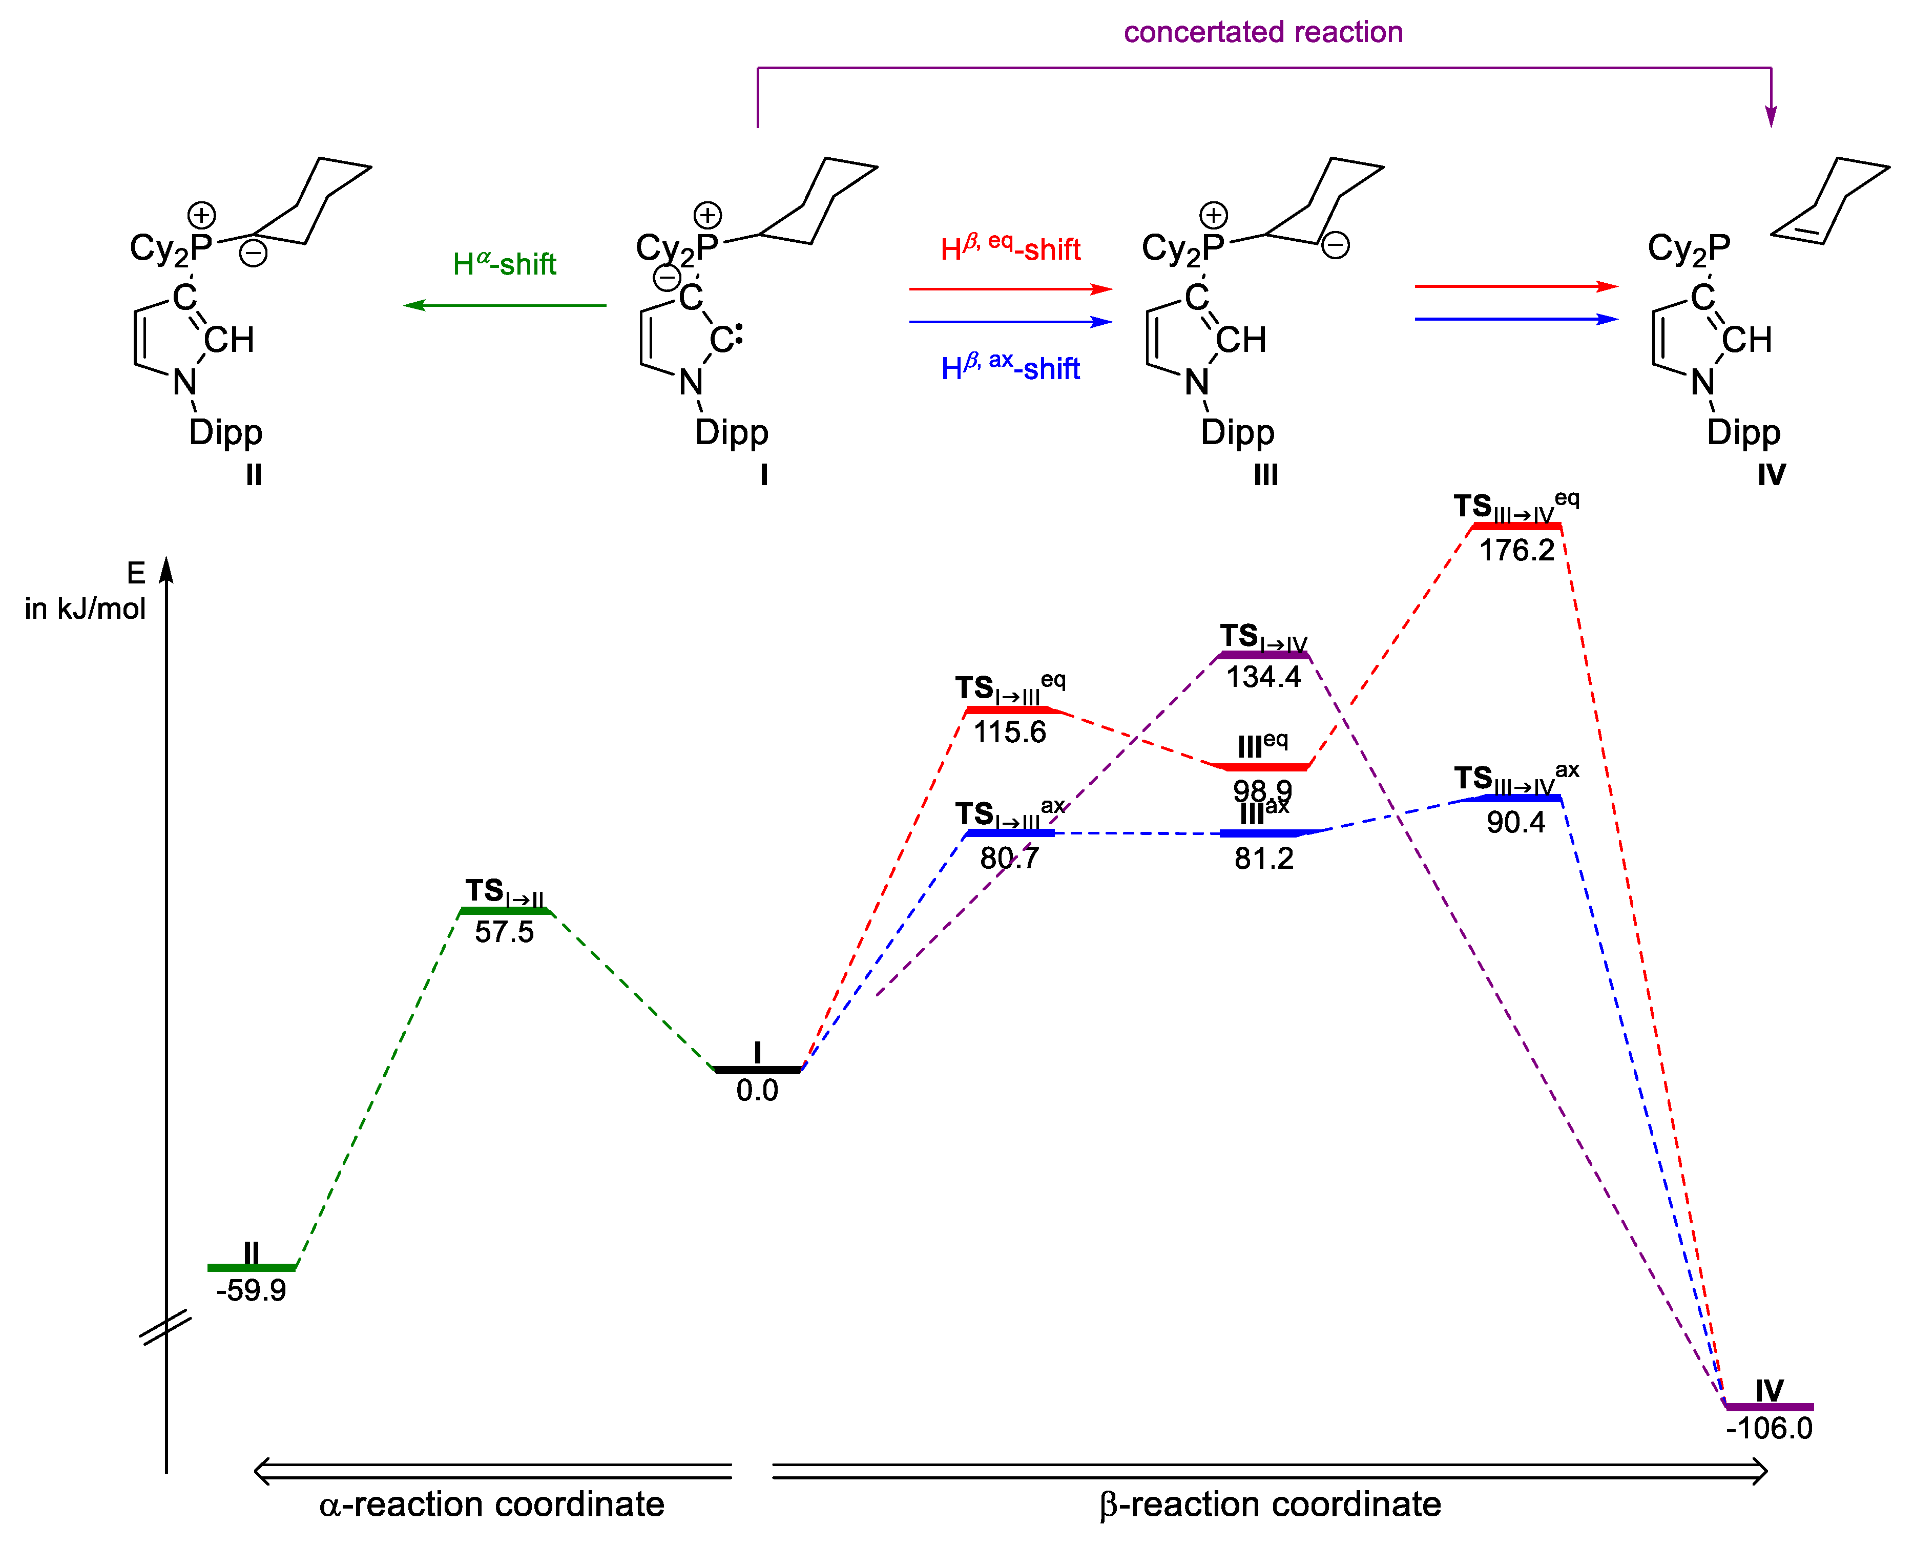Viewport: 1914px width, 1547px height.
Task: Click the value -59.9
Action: [251, 1290]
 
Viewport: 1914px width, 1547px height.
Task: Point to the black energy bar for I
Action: [757, 1070]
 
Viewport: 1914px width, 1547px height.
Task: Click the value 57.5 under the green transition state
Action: [504, 932]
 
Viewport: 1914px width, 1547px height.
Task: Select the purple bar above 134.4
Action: [1263, 656]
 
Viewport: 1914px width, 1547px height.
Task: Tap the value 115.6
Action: [1010, 733]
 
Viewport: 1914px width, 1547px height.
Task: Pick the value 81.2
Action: [1263, 858]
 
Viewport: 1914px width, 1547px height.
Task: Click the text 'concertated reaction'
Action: [1263, 32]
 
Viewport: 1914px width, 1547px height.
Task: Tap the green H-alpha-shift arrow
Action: [504, 306]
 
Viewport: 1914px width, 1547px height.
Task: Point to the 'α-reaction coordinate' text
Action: [492, 1504]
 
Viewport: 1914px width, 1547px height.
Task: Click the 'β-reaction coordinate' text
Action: [1270, 1504]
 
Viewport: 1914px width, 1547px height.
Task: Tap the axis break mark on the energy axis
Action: [167, 1327]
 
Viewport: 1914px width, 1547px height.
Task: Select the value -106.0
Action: [1769, 1429]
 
